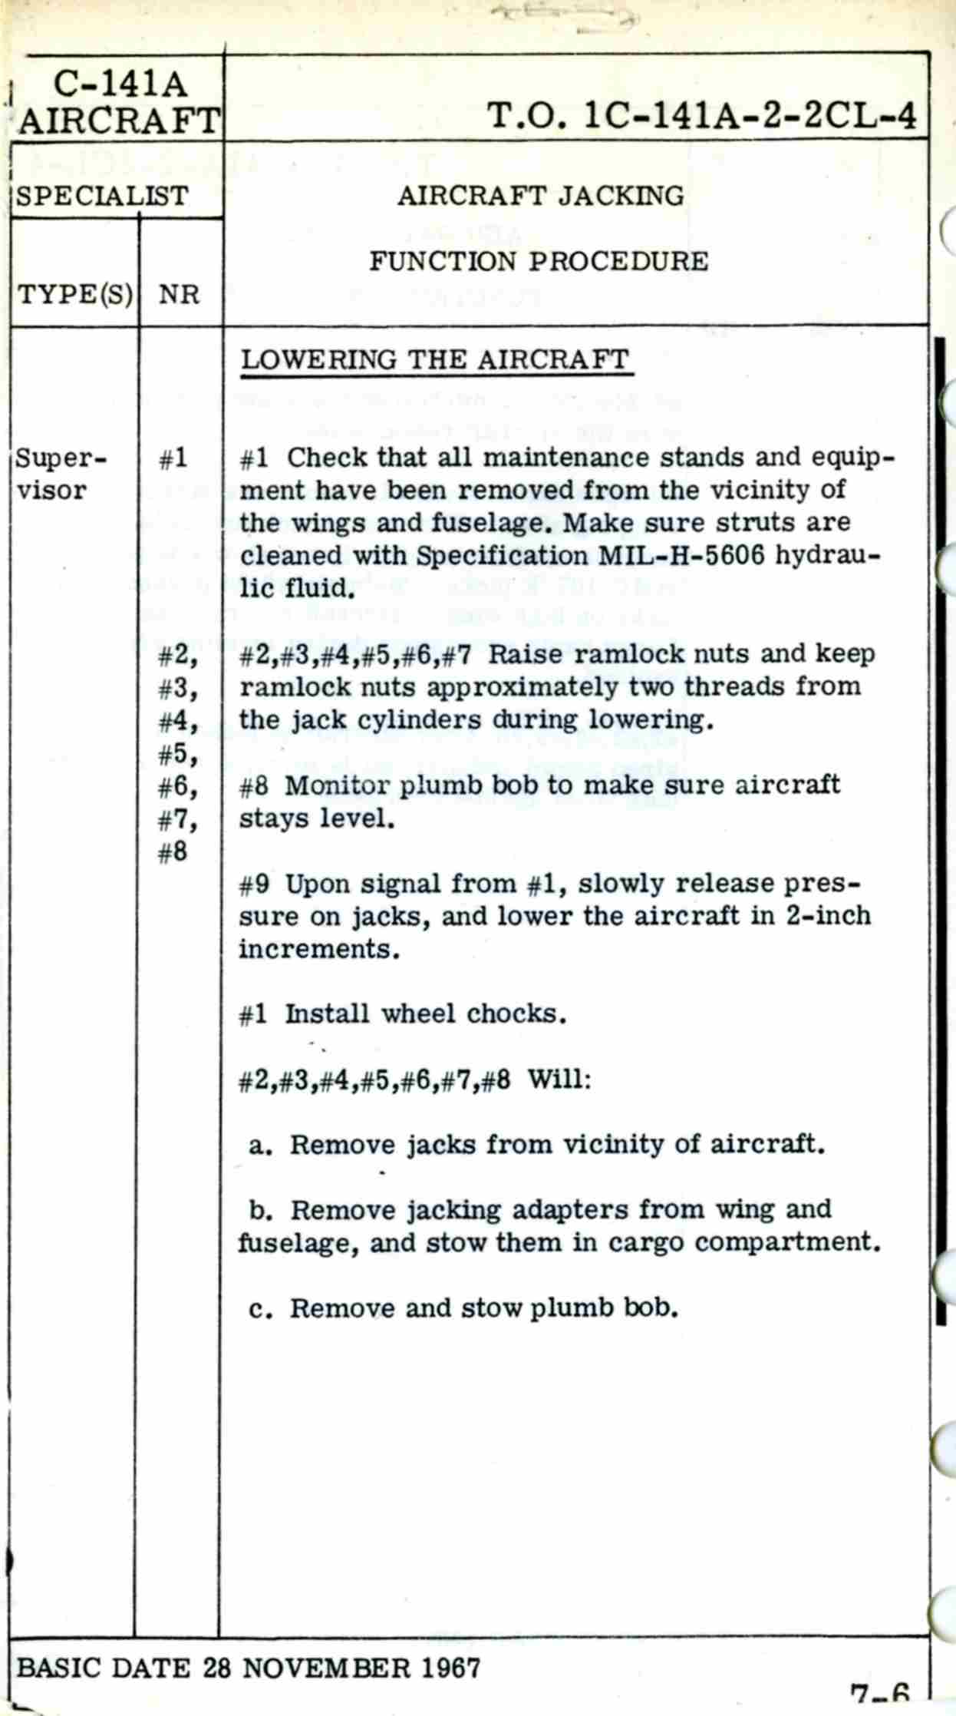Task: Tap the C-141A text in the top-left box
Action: (x=120, y=85)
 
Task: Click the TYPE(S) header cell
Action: (x=74, y=294)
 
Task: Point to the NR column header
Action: (x=179, y=295)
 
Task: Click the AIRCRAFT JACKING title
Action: (x=540, y=197)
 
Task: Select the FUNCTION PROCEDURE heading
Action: (x=539, y=262)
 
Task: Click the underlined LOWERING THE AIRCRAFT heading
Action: (x=435, y=360)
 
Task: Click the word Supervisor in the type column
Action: (x=62, y=474)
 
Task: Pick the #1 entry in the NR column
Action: (x=173, y=459)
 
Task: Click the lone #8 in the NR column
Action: (x=173, y=852)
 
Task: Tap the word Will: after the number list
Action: (x=559, y=1080)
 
